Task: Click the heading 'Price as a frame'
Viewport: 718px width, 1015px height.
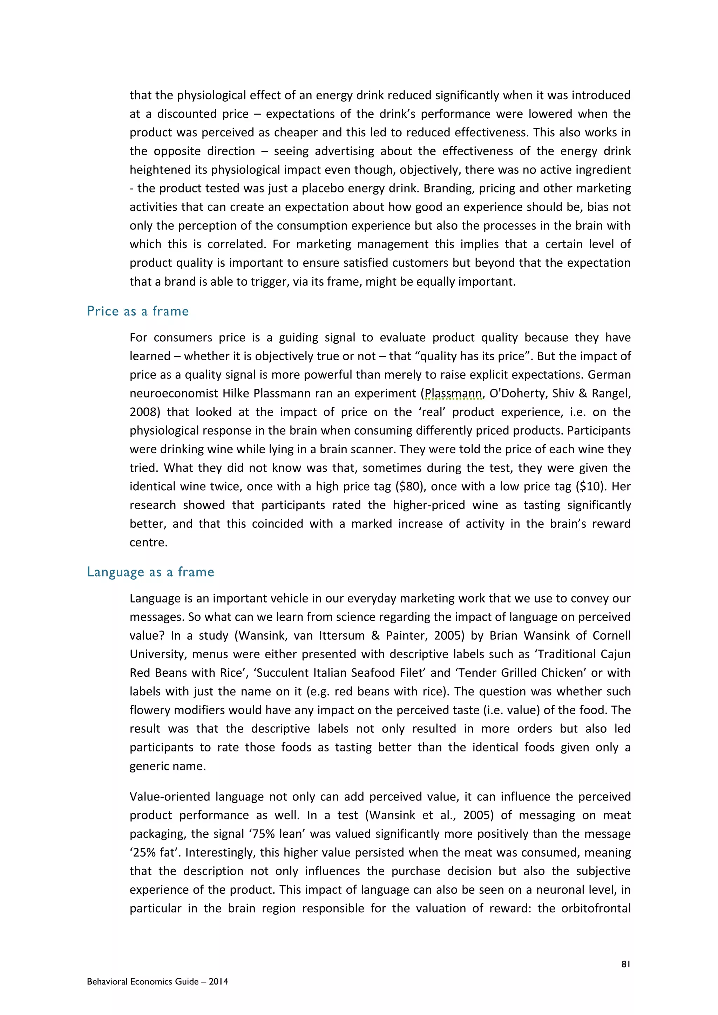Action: coord(137,311)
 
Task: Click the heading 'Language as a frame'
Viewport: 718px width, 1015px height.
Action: coord(150,572)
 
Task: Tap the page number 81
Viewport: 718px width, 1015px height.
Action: coord(625,965)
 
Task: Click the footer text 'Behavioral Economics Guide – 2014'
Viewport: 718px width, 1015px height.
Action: coord(157,981)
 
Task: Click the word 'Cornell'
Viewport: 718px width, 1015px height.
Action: coord(611,636)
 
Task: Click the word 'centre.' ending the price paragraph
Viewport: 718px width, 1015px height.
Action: coord(149,543)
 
